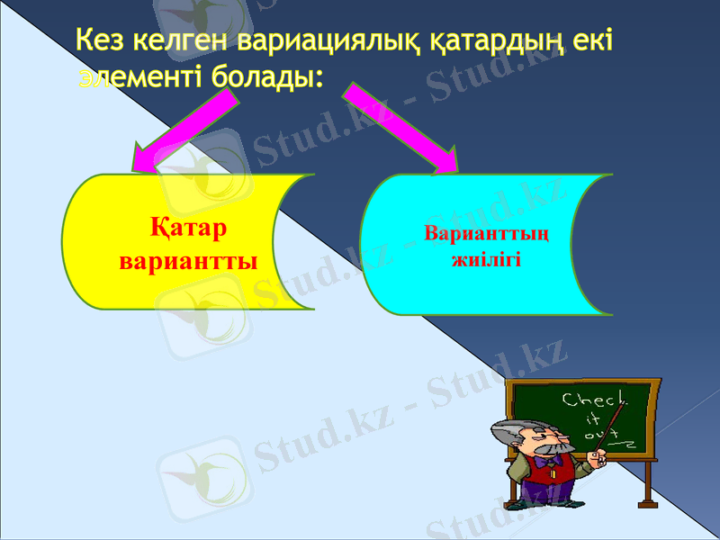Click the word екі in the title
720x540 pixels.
[x=589, y=40]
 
